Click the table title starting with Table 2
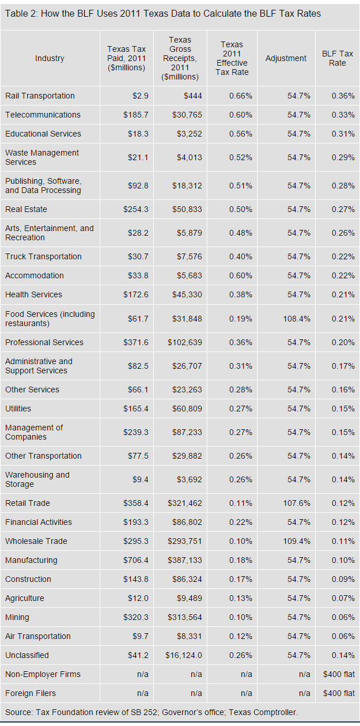tap(163, 13)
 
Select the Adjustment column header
tap(286, 58)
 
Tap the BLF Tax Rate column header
tap(337, 58)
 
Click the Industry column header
tap(50, 58)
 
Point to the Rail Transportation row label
tap(40, 96)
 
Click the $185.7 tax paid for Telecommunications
tap(135, 115)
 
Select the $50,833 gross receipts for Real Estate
tap(187, 209)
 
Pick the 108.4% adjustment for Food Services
tap(297, 319)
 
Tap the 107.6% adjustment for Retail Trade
tap(297, 503)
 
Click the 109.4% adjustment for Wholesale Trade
tap(297, 541)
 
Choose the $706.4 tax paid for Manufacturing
tap(135, 560)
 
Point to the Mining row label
tap(17, 617)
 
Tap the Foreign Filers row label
tap(30, 693)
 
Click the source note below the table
tap(151, 712)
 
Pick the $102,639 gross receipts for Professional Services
tap(184, 342)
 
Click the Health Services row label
tap(33, 294)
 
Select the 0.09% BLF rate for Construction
tap(343, 579)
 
